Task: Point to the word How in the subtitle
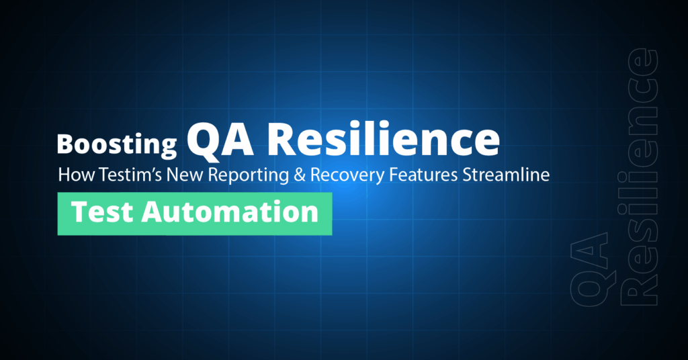pyautogui.click(x=73, y=175)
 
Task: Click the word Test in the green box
pyautogui.click(x=97, y=212)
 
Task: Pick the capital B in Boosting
pyautogui.click(x=65, y=144)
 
